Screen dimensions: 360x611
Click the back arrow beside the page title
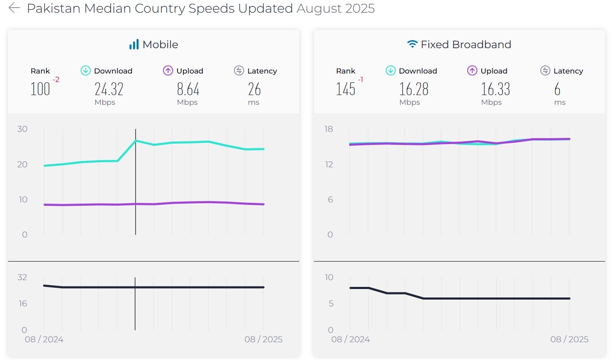[14, 8]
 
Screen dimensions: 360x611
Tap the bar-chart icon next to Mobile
[134, 44]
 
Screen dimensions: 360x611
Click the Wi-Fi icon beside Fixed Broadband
[412, 44]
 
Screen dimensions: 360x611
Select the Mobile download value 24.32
[109, 89]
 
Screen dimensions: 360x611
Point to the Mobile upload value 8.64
[188, 89]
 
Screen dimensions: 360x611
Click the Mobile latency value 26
[254, 89]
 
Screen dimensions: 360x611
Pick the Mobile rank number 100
[40, 89]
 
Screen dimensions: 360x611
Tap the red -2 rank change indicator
[56, 79]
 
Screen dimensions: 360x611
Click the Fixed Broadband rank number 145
[345, 89]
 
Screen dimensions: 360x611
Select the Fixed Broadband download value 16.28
[414, 89]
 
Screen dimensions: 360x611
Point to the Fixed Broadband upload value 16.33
[495, 89]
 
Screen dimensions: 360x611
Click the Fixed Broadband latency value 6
[557, 89]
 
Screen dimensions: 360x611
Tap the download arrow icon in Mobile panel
[85, 71]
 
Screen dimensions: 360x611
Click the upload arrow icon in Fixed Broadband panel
[472, 71]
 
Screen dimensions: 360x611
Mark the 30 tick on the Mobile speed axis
[22, 129]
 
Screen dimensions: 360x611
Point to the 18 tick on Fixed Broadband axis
[329, 129]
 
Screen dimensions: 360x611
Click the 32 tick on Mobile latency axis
[22, 277]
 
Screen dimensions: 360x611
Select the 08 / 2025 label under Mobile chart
[263, 339]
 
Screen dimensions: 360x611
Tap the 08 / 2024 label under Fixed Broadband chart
[350, 339]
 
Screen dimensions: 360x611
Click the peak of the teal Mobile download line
[136, 140]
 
